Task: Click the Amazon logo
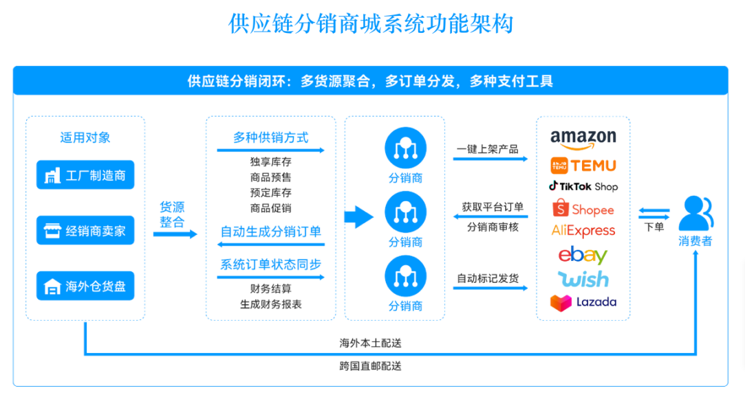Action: (583, 139)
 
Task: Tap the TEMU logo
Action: (583, 166)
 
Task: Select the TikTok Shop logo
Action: (583, 186)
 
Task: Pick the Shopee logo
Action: (583, 208)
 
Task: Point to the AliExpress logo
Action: (583, 231)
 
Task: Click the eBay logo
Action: (583, 255)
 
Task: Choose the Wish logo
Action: (583, 279)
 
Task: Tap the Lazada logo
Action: (583, 302)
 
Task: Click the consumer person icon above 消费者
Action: (695, 214)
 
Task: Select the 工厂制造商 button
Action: (85, 175)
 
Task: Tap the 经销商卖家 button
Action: (85, 231)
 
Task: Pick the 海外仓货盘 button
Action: (85, 286)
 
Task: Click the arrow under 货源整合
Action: (175, 234)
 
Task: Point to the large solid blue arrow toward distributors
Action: (358, 217)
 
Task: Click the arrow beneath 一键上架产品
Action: (490, 159)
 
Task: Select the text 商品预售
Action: (270, 177)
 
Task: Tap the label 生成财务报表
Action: (270, 304)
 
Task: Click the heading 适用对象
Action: (85, 137)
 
